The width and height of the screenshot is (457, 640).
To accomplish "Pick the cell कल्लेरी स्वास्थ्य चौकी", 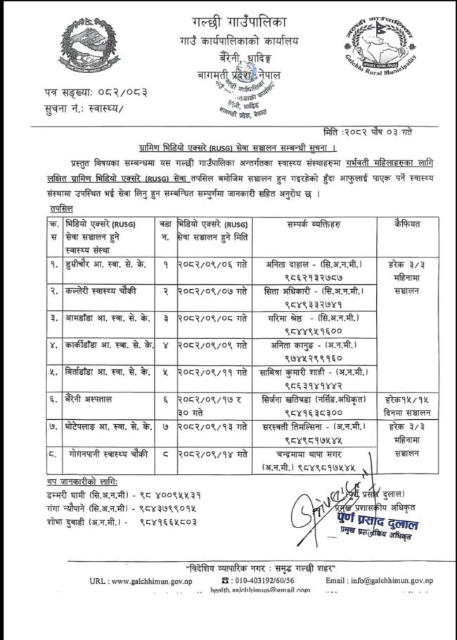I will tap(97, 290).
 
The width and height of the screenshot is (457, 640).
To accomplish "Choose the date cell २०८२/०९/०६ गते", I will tap(212, 265).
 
